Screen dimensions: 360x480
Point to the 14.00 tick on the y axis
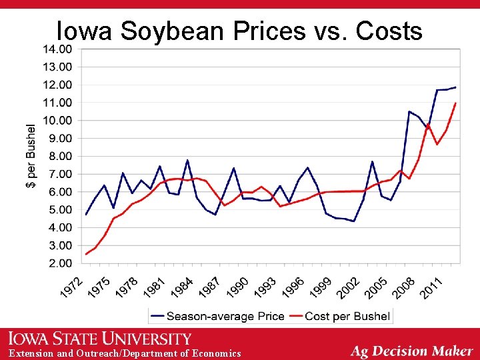click(x=58, y=49)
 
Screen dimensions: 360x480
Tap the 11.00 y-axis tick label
click(x=58, y=103)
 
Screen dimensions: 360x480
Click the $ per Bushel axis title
click(x=31, y=155)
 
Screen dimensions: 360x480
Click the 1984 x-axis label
click(x=183, y=287)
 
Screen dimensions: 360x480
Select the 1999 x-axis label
click(x=321, y=287)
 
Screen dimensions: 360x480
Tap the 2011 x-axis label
click(x=431, y=287)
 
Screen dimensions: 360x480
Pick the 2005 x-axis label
click(x=376, y=287)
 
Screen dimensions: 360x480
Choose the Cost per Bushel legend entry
click(x=347, y=316)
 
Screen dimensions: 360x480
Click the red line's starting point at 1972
click(x=86, y=254)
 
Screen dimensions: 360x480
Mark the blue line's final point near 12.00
click(x=456, y=87)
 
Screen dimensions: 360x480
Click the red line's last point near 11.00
click(x=456, y=103)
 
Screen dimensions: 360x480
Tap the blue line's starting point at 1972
click(x=86, y=215)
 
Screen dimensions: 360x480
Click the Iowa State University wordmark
click(x=101, y=339)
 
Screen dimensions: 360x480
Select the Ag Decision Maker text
click(x=412, y=351)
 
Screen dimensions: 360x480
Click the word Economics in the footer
click(x=216, y=353)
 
